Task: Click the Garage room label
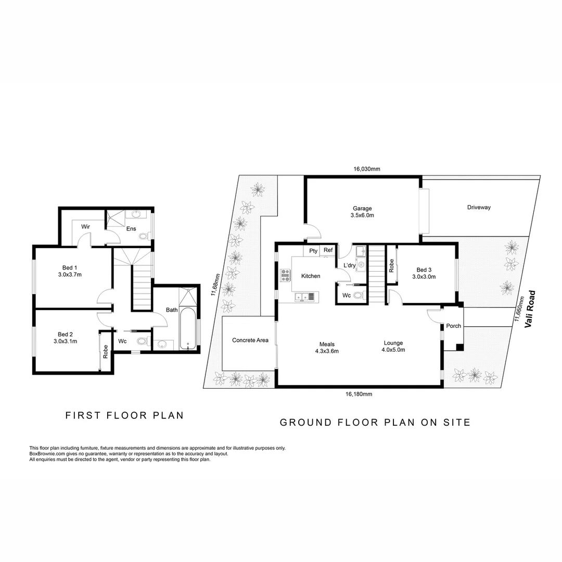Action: click(x=363, y=209)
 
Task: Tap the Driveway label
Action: click(x=479, y=207)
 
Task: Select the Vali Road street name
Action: click(x=530, y=309)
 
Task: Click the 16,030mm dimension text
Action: click(x=367, y=169)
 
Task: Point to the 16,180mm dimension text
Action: click(x=359, y=394)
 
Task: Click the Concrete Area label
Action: click(x=250, y=340)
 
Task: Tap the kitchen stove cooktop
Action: click(x=285, y=275)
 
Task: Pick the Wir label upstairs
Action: click(x=85, y=227)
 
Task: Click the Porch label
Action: click(x=454, y=326)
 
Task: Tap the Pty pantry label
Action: click(x=313, y=251)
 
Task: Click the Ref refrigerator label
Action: click(x=328, y=250)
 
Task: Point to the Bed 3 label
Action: click(x=424, y=270)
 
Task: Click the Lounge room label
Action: click(x=393, y=343)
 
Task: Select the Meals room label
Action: click(x=327, y=344)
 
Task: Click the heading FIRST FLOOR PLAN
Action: click(x=124, y=415)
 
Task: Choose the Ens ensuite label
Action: click(x=131, y=228)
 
